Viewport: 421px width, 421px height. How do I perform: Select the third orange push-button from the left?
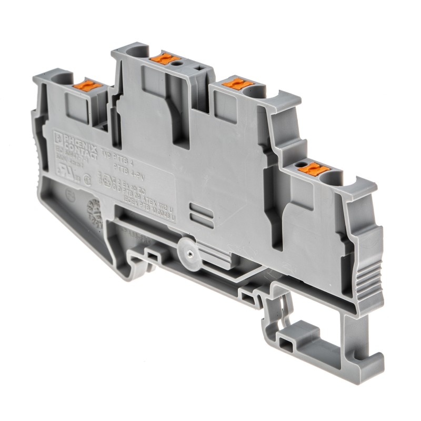232,84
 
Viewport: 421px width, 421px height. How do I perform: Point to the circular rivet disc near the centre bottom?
187,247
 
